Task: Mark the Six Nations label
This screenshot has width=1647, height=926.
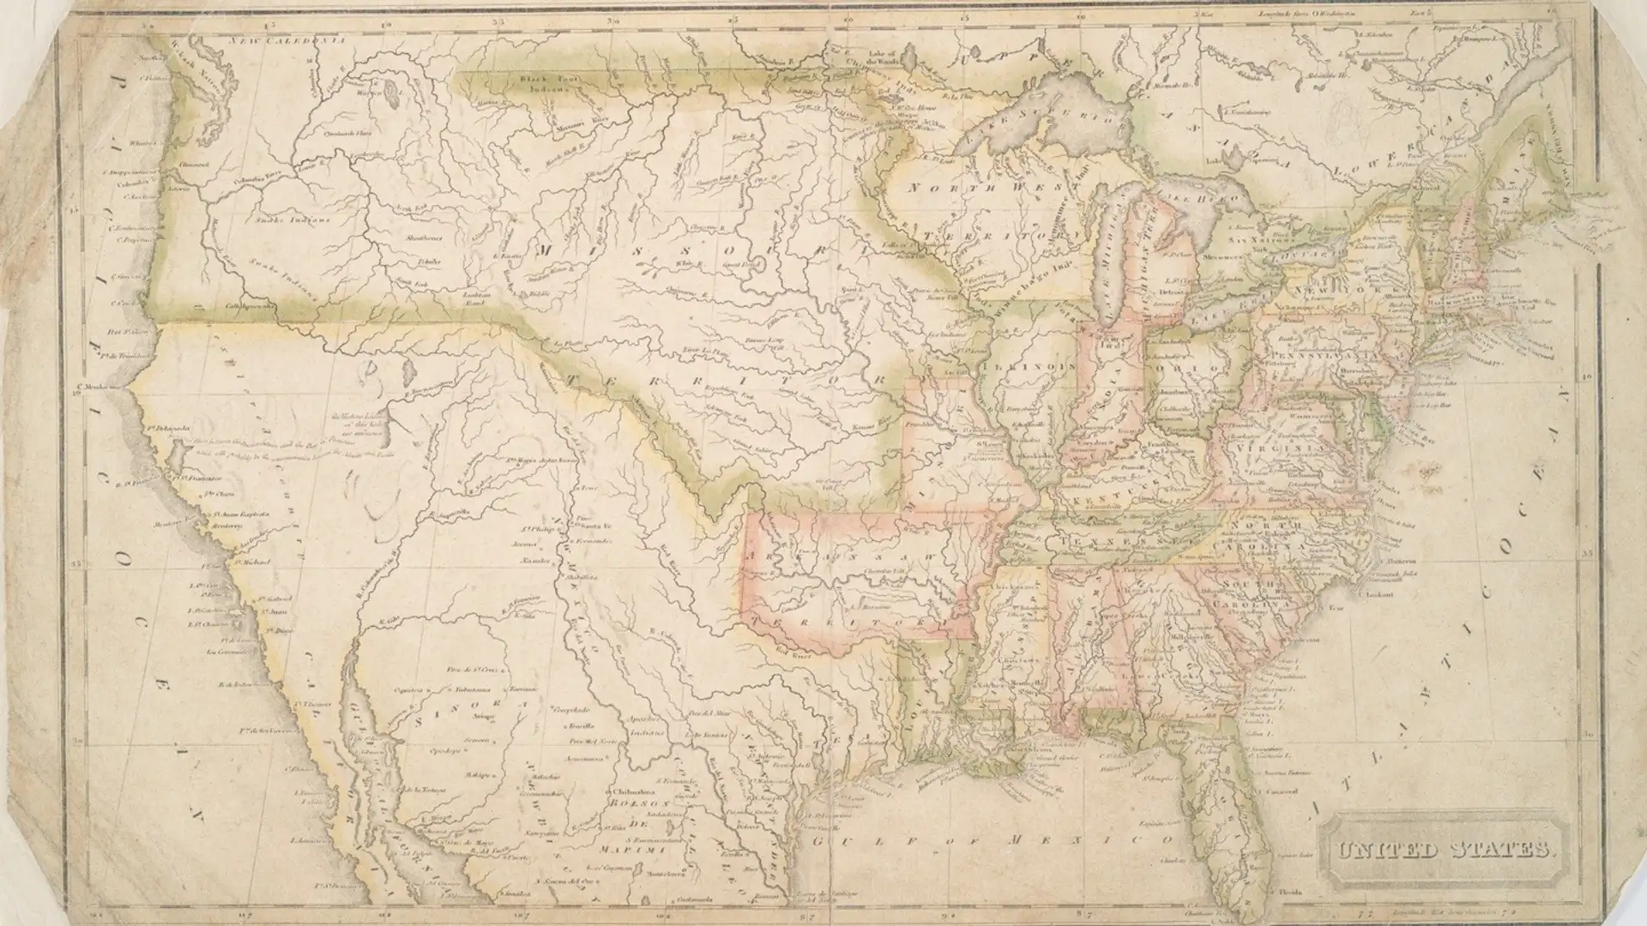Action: [1253, 233]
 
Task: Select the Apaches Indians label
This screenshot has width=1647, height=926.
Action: [644, 728]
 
